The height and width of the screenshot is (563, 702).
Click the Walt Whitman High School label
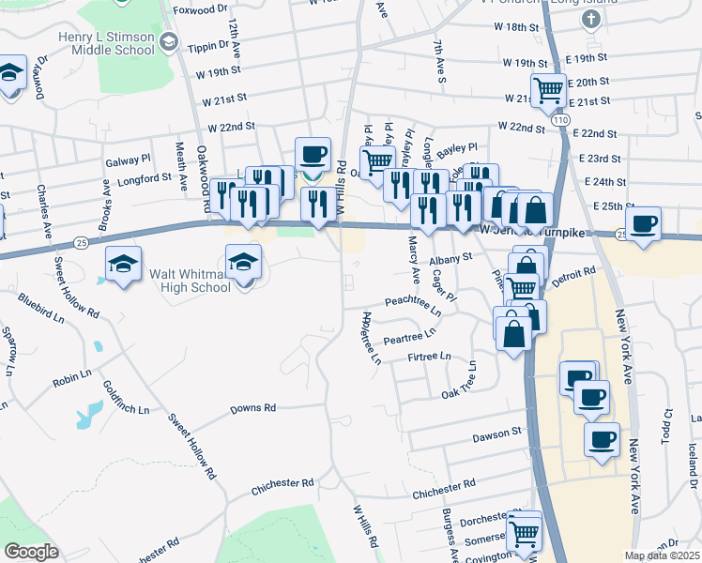190,281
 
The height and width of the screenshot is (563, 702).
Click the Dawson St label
496,433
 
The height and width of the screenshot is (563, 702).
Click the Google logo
30,552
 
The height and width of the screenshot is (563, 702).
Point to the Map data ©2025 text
662,555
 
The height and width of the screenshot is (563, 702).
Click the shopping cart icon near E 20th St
548,90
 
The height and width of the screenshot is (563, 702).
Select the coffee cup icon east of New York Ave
644,223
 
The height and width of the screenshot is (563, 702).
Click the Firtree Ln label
431,357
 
